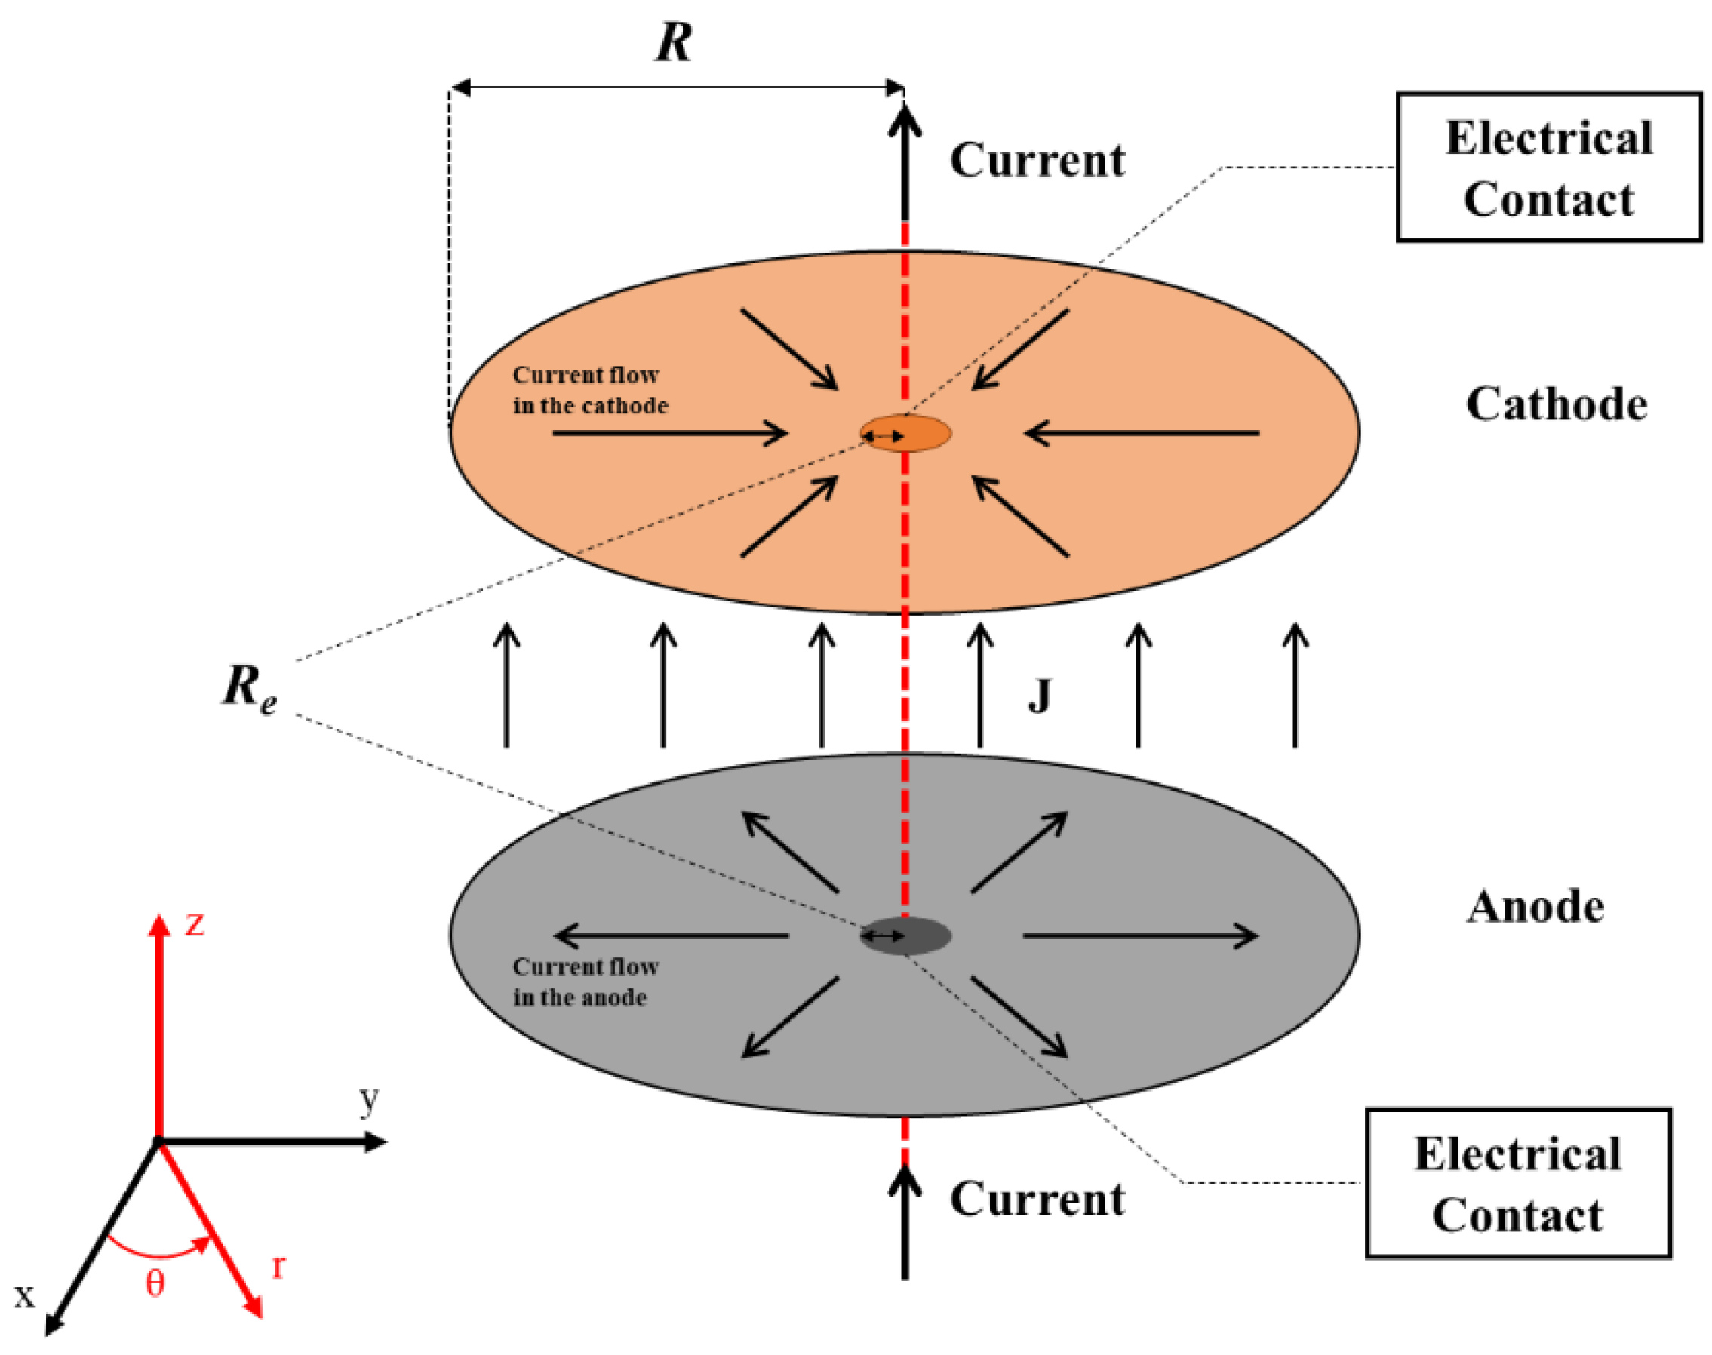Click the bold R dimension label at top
673,42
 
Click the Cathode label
1555,404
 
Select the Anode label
1535,907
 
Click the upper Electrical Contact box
1548,167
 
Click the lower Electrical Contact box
1517,1184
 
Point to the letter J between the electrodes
1039,697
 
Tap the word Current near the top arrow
1037,160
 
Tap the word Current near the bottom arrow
1037,1199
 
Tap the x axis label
26,1296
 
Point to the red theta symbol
155,1283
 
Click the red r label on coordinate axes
278,1267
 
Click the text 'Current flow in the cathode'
589,390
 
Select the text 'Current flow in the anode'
585,982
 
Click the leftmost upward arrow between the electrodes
507,686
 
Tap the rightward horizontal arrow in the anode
1139,936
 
